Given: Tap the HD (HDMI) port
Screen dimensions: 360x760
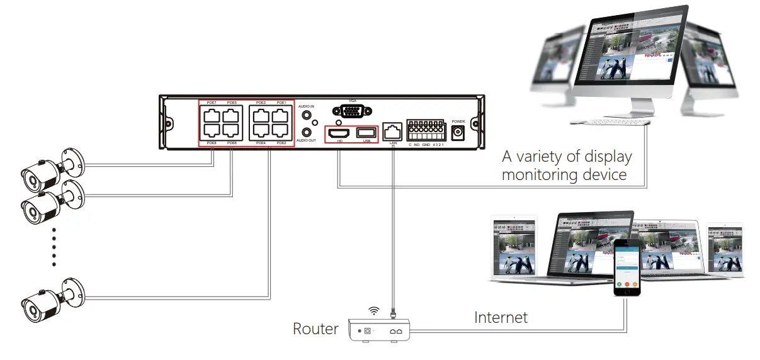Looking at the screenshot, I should pos(340,133).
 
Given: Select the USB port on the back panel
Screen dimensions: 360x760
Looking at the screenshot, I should pos(366,133).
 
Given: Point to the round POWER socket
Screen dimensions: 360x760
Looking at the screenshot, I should pos(458,132).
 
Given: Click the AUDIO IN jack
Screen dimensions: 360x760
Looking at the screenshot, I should pos(307,116).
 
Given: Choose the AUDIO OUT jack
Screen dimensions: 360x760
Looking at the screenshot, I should pos(307,132).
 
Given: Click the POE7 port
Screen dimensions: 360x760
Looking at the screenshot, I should pos(210,115).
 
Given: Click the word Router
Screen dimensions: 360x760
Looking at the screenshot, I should pos(315,329).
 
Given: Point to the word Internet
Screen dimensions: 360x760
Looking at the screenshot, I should pos(501,317).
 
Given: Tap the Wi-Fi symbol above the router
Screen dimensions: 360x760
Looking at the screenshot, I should pos(374,310).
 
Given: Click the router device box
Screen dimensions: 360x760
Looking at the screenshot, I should pos(379,329).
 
